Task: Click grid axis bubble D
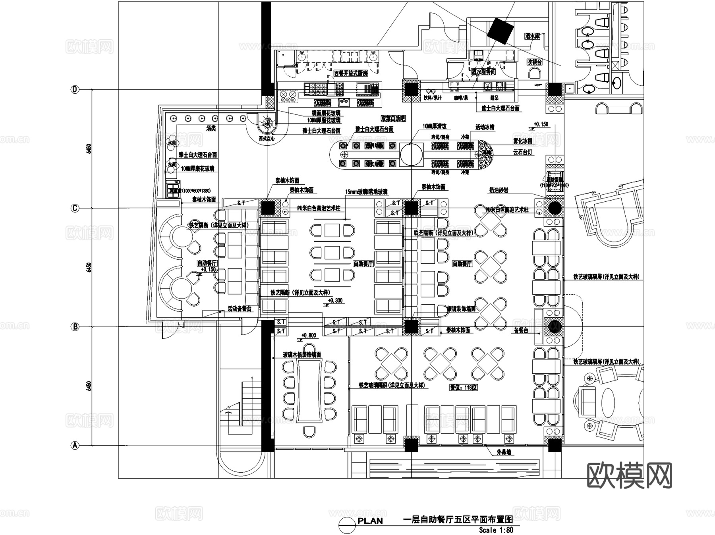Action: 75,89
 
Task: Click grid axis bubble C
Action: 75,208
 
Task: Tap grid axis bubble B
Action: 75,327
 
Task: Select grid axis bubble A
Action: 75,445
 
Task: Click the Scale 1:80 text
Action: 496,530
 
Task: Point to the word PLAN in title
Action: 370,521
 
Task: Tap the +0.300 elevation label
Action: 335,300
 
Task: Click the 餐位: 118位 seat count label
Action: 463,387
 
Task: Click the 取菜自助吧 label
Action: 393,119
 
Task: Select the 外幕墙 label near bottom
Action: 504,452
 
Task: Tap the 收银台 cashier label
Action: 535,62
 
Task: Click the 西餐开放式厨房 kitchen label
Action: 350,73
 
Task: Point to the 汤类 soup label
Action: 211,128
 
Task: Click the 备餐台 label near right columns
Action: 520,330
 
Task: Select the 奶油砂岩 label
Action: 498,191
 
